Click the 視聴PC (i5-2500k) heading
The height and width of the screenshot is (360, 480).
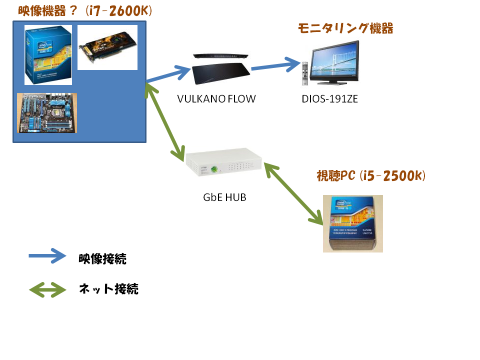click(371, 176)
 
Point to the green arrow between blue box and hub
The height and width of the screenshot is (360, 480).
click(166, 121)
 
